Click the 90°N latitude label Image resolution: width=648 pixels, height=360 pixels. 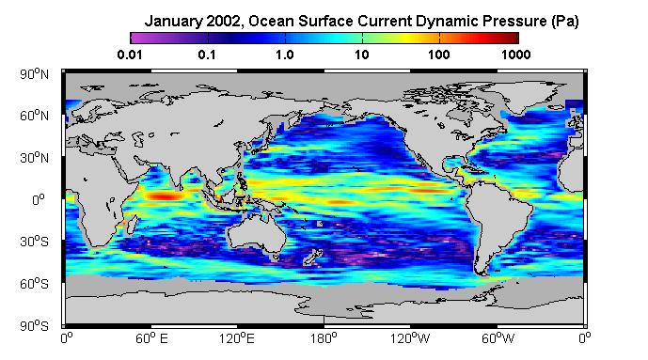[x=34, y=74]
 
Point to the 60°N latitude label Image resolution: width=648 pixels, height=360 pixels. [x=34, y=116]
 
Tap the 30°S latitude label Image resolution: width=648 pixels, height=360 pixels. [x=34, y=242]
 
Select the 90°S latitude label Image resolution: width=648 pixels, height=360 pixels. [x=34, y=326]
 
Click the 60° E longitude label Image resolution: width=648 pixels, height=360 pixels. [x=151, y=339]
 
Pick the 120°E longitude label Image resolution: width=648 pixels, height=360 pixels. [x=236, y=339]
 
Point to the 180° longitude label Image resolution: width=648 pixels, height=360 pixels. [x=324, y=339]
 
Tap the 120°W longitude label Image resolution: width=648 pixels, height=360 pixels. [x=410, y=339]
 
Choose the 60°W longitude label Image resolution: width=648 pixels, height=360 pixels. [x=498, y=339]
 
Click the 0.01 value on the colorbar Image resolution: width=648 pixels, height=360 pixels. [x=130, y=55]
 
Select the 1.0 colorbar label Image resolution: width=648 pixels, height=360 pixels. [x=285, y=55]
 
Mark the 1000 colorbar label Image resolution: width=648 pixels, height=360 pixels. [x=516, y=55]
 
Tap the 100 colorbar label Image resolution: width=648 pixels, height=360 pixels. [x=439, y=55]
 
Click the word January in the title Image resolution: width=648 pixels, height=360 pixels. [x=173, y=21]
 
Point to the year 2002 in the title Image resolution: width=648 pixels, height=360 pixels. [x=222, y=21]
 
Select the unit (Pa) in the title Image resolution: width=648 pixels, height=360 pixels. [x=565, y=22]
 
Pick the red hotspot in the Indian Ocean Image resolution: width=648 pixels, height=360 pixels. [x=165, y=196]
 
